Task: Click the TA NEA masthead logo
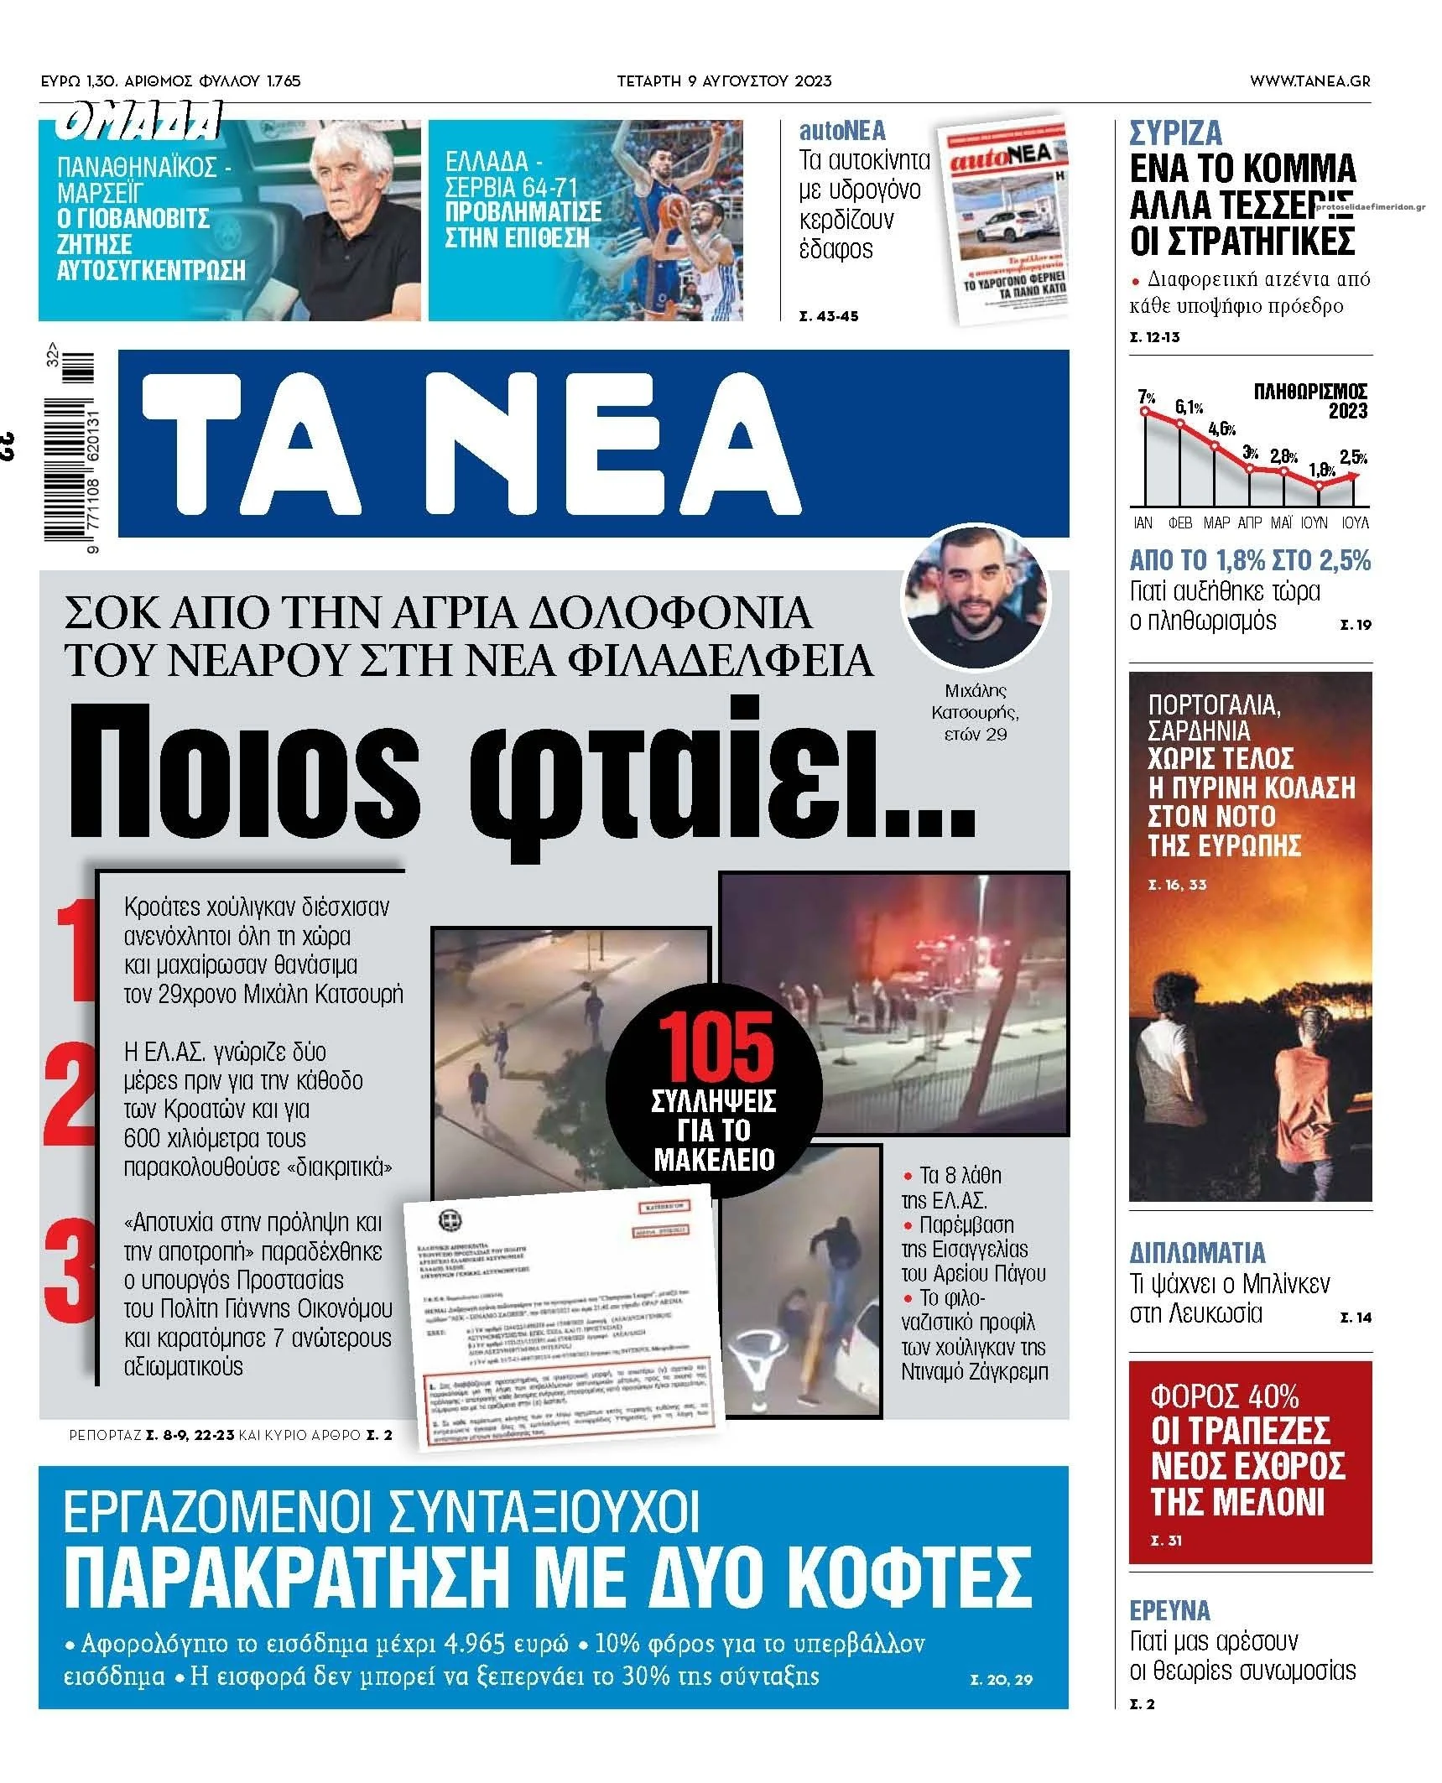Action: [470, 443]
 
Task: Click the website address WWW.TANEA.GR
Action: [1309, 81]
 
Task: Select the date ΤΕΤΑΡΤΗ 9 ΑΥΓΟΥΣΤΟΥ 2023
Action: [724, 81]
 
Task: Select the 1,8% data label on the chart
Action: [1321, 469]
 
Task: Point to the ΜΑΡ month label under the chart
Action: [1216, 522]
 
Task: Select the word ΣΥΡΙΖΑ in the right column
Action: [1175, 133]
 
